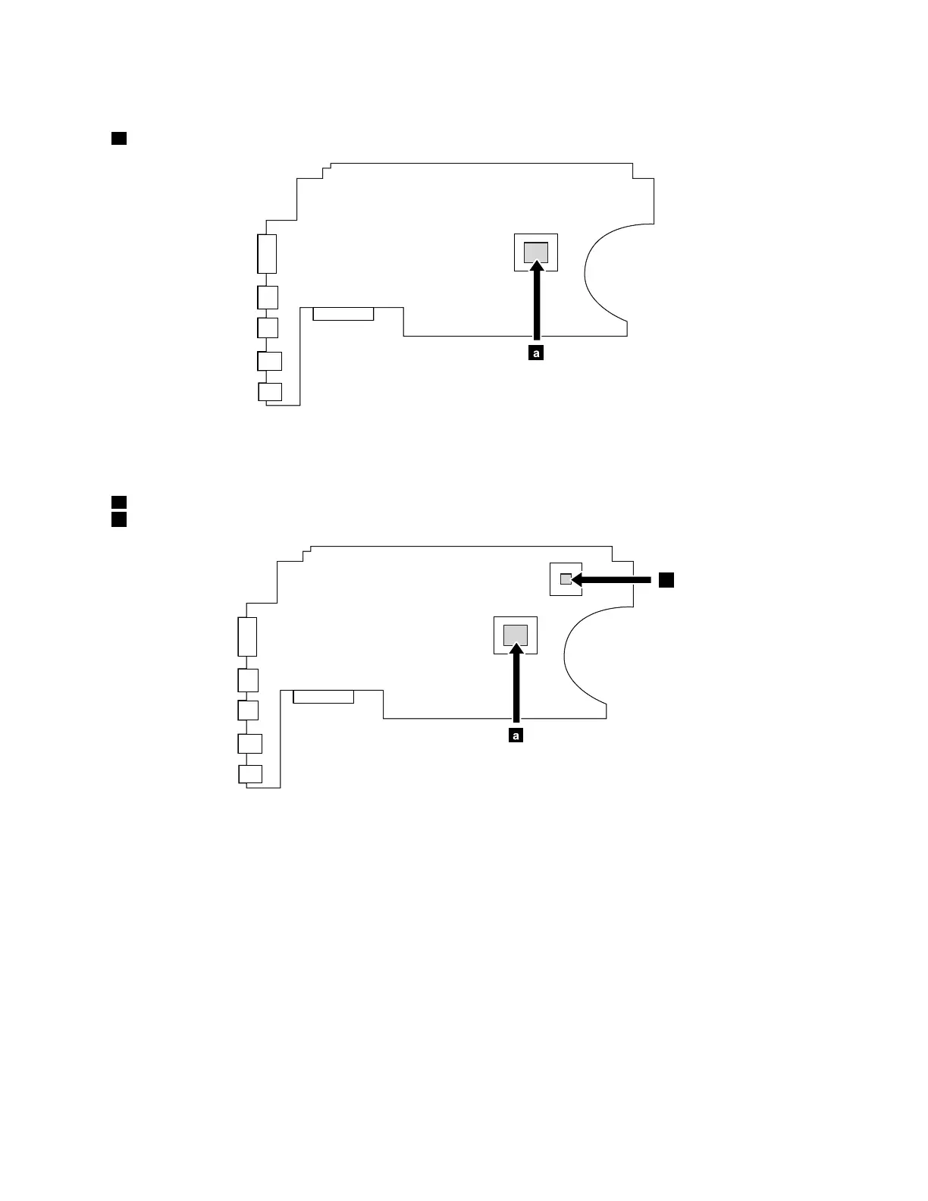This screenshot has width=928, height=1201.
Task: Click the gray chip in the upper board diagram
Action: pyautogui.click(x=535, y=252)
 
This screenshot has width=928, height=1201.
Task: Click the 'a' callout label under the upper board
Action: pyautogui.click(x=536, y=353)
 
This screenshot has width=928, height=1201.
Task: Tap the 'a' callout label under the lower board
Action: pyautogui.click(x=516, y=735)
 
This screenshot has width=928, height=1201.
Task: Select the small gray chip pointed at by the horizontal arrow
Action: pyautogui.click(x=565, y=579)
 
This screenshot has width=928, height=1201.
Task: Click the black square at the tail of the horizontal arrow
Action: pyautogui.click(x=666, y=580)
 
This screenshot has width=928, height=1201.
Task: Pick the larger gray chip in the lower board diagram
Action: pyautogui.click(x=516, y=635)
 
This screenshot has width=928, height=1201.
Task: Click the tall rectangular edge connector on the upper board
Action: pyautogui.click(x=267, y=253)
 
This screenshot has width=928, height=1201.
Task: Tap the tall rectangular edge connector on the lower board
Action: pyautogui.click(x=247, y=636)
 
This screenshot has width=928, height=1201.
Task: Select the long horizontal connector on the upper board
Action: pyautogui.click(x=343, y=314)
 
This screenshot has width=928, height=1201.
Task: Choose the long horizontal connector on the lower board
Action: pyautogui.click(x=324, y=697)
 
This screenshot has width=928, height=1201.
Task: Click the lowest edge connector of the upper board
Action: pyautogui.click(x=270, y=392)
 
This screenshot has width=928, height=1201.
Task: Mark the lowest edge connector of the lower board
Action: pyautogui.click(x=250, y=774)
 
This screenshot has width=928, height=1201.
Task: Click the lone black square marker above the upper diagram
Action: pyautogui.click(x=118, y=138)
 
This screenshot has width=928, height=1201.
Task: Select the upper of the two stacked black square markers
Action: pyautogui.click(x=118, y=502)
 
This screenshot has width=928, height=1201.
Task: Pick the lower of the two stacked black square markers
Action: pyautogui.click(x=118, y=519)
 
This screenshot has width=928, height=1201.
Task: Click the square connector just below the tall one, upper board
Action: pyautogui.click(x=268, y=296)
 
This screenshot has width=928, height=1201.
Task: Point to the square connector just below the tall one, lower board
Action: pyautogui.click(x=248, y=679)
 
